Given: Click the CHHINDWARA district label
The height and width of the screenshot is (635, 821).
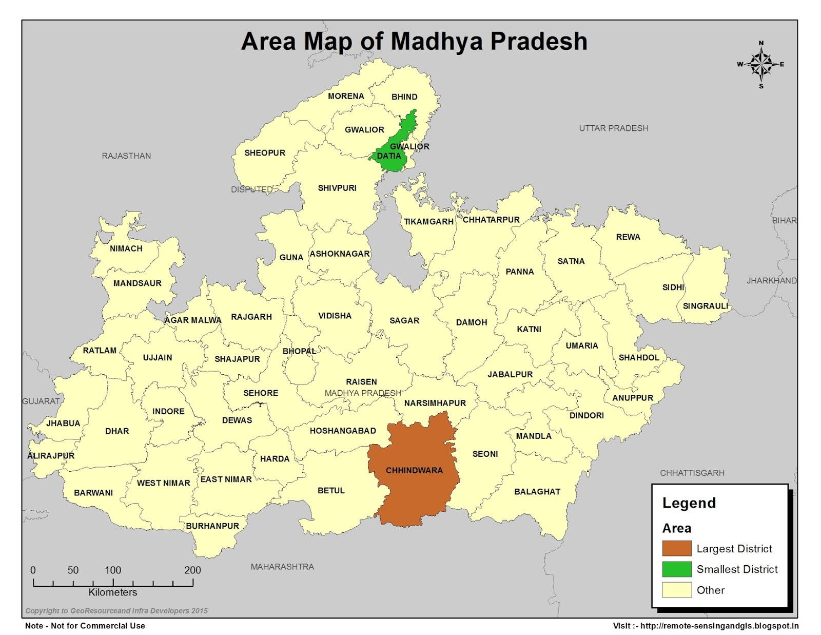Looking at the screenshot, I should coord(414,470).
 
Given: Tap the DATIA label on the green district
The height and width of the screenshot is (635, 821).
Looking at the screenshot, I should coord(389,156).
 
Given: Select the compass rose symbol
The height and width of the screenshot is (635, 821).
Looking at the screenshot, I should coord(761,65).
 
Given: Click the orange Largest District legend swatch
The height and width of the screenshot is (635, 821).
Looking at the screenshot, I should coord(676,548).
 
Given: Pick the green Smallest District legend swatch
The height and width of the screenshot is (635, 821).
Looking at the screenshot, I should coord(676,569).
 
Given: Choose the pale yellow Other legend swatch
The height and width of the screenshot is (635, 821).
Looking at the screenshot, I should coord(676,590).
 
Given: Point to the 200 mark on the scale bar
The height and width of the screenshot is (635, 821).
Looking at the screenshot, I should coord(192,570).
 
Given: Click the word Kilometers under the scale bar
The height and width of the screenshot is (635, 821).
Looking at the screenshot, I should coord(113,592).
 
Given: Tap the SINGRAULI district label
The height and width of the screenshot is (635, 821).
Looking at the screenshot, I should coord(705,306).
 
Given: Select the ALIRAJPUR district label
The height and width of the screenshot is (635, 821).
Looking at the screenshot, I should coord(51,456).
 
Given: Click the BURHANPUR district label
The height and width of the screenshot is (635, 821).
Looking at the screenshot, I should coord(212,526).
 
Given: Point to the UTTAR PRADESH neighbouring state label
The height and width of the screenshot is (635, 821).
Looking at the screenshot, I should coord(614,128).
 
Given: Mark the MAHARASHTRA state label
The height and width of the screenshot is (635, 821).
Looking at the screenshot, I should coord(282,567).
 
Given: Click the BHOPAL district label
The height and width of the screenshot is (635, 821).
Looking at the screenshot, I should coord(299,352).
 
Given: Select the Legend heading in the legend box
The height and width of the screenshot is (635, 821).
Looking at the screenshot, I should coord(689,503).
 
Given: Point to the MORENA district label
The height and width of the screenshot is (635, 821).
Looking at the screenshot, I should coord(346,97).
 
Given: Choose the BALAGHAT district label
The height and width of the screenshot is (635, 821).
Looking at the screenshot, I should coord(537,492).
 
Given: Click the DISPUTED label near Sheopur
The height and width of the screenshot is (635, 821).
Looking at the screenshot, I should coord(251,189).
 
